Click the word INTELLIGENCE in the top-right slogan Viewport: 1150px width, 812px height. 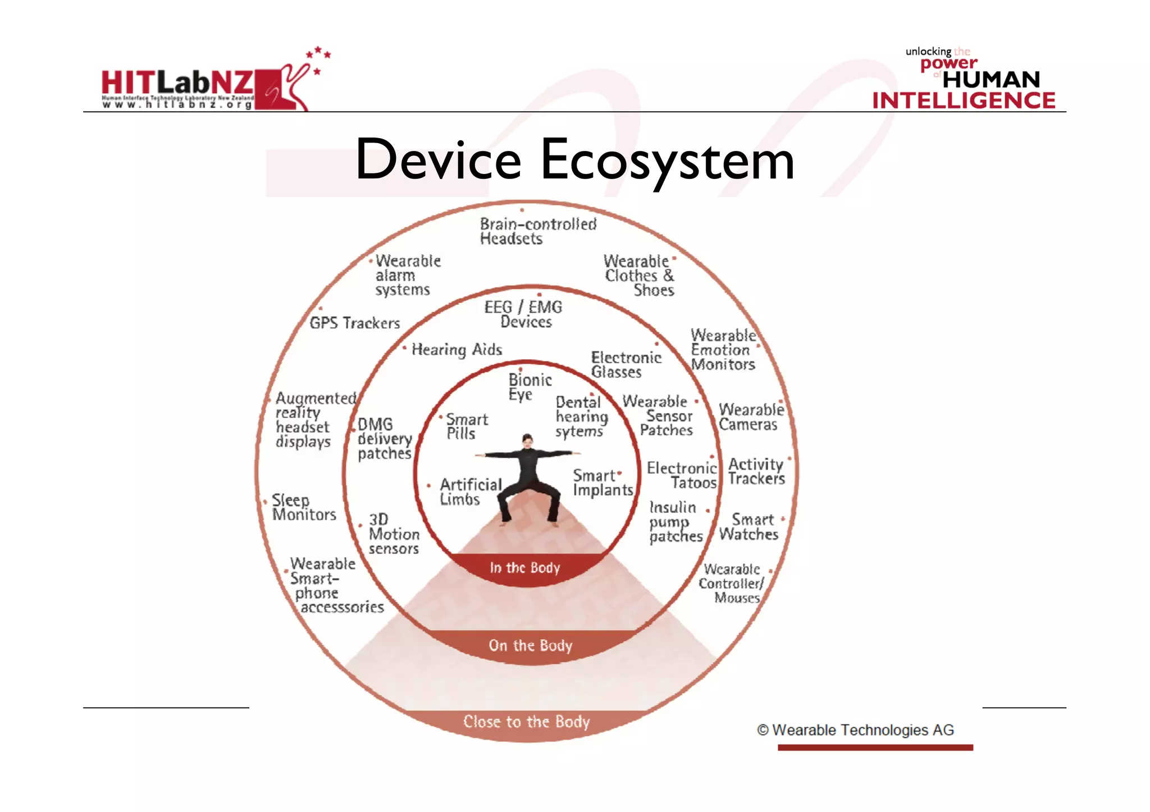[x=964, y=101]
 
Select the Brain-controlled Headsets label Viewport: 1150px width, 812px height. [x=537, y=231]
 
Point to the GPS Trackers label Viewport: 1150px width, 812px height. [x=354, y=323]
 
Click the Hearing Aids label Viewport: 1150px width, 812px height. [x=457, y=350]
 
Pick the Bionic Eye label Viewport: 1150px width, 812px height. [x=529, y=387]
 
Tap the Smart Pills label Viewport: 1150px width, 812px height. [x=466, y=426]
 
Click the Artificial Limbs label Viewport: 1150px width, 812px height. [x=469, y=492]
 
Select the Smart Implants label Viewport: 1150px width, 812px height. [x=602, y=483]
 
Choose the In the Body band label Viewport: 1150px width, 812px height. [x=524, y=568]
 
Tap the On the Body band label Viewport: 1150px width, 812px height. [x=530, y=645]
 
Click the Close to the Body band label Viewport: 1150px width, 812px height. [x=526, y=722]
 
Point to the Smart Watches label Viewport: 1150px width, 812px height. [x=749, y=527]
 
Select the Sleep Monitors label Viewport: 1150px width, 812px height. [x=304, y=507]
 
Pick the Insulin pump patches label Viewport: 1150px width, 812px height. [x=676, y=522]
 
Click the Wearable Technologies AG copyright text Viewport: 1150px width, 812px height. [x=855, y=730]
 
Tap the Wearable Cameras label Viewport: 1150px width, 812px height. [x=750, y=417]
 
